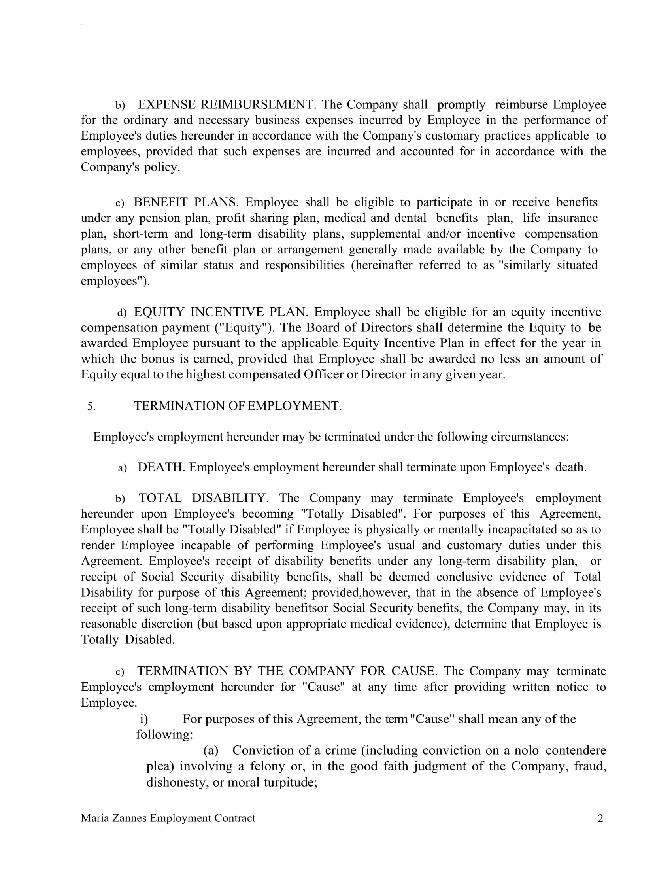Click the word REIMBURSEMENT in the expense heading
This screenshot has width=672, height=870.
(x=258, y=105)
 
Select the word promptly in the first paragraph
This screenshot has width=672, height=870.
(x=461, y=105)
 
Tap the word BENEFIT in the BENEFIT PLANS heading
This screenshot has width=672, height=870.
(x=160, y=202)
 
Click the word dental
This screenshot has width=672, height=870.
(x=410, y=218)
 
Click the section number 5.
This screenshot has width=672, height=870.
(x=91, y=406)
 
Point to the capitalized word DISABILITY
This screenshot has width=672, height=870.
(x=230, y=498)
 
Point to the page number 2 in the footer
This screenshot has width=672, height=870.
(x=600, y=819)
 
